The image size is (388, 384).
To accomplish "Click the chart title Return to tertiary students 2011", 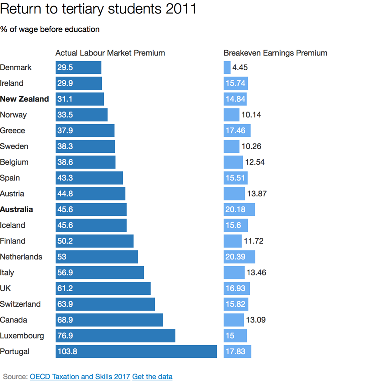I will point(98,9).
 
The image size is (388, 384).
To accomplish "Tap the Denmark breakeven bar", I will point(227,68).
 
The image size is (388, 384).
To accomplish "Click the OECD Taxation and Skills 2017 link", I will point(80,376).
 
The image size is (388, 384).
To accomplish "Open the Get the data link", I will point(152,376).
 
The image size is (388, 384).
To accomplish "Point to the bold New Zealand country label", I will point(25,99).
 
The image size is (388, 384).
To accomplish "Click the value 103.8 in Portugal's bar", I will point(67,352).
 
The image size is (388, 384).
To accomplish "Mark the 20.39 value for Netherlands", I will point(236,257).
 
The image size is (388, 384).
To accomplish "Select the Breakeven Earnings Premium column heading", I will point(275,53).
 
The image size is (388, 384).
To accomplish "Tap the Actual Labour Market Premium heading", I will point(110,53).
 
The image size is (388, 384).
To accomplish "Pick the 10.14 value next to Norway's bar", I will point(251,115).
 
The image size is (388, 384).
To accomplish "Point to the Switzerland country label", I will point(20,304).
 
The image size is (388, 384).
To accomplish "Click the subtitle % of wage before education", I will point(50,29).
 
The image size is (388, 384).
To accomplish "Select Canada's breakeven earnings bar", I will point(233,320).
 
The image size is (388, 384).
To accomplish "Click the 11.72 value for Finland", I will point(254,241).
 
